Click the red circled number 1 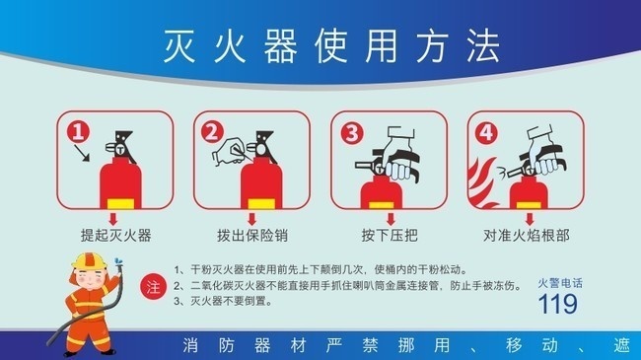(x=78, y=131)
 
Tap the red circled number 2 (x=212, y=132)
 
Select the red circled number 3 (x=352, y=133)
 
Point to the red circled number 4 (x=486, y=133)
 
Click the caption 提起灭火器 (x=116, y=235)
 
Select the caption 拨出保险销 (x=252, y=235)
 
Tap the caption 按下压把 (x=390, y=235)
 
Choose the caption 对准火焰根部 (x=527, y=235)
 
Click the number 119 (x=557, y=304)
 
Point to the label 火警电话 (x=560, y=283)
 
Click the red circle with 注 (x=153, y=287)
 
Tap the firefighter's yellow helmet (x=89, y=260)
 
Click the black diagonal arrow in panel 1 (x=82, y=154)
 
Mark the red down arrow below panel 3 (x=391, y=219)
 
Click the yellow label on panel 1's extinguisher (x=120, y=203)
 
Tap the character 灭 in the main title (x=179, y=45)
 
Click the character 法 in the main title (x=483, y=45)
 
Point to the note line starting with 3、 (x=223, y=302)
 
